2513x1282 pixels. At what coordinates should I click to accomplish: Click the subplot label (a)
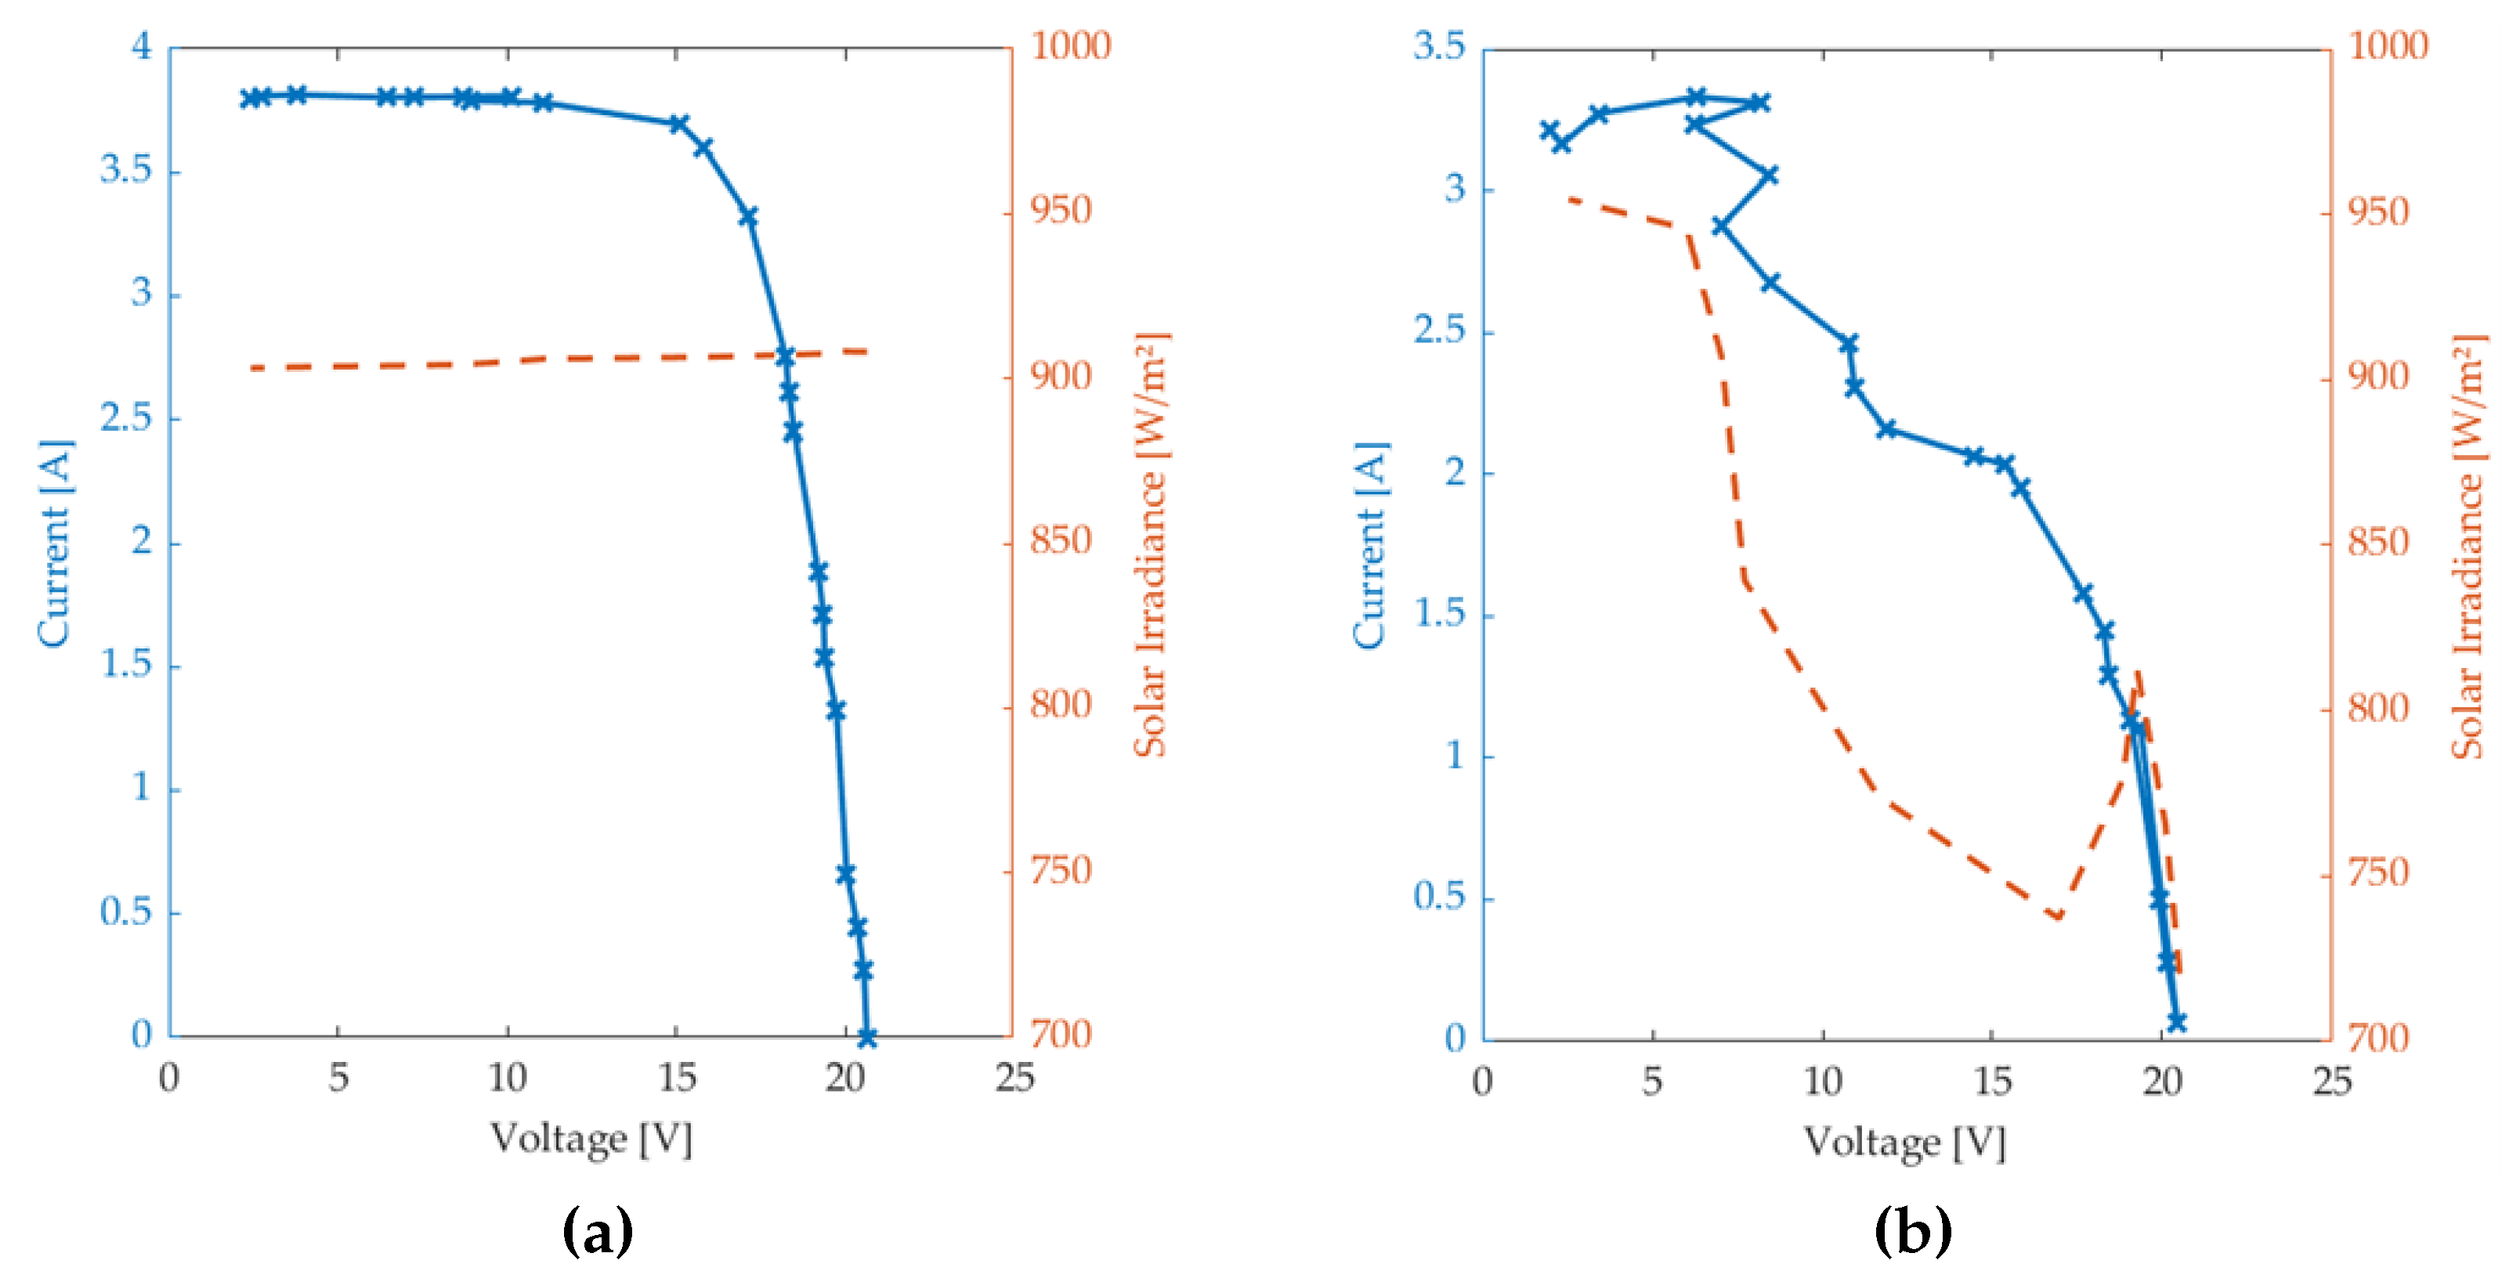(x=597, y=1232)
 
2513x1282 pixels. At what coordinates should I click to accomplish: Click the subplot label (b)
(x=1912, y=1232)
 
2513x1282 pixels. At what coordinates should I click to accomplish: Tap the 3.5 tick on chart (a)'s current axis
(x=126, y=171)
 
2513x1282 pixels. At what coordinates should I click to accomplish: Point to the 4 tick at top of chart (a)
(x=143, y=46)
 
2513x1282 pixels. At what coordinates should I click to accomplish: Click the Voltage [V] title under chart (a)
(x=591, y=1139)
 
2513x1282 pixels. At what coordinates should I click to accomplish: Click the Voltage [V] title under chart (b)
(x=1904, y=1142)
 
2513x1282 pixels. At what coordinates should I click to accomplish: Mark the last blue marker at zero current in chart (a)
(x=866, y=1037)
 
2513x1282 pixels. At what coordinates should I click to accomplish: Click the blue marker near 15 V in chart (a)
(x=679, y=124)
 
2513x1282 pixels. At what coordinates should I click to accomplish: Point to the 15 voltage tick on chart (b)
(x=1991, y=1081)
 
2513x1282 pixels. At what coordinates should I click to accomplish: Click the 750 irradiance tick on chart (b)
(x=2377, y=873)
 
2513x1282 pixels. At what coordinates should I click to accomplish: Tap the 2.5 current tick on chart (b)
(x=1439, y=330)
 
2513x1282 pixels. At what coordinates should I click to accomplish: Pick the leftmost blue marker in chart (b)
(x=1549, y=130)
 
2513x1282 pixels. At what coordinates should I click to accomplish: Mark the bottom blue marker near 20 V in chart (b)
(x=2176, y=1020)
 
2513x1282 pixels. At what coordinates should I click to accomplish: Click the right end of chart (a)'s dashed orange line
(x=866, y=351)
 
